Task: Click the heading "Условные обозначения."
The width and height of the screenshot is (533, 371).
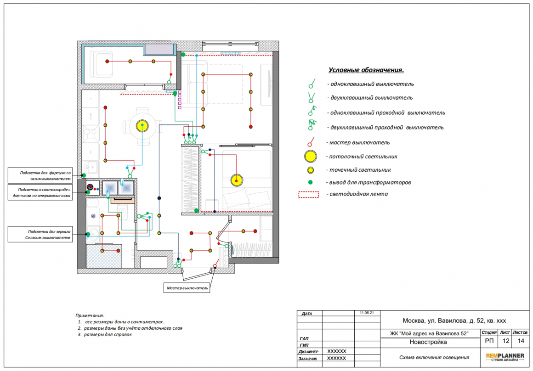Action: tap(366, 70)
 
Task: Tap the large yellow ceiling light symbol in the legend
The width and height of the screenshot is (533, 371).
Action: tap(310, 157)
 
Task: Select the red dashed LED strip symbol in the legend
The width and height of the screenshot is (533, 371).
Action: tap(309, 194)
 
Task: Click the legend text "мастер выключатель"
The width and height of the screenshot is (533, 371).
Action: tap(359, 143)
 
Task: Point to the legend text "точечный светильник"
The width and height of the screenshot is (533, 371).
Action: tap(360, 170)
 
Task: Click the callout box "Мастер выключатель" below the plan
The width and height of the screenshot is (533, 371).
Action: tap(187, 288)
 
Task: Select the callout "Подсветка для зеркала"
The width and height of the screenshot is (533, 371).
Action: tap(40, 235)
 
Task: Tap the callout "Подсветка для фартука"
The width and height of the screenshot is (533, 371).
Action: tap(40, 175)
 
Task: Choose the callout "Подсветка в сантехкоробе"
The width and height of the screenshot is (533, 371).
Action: tap(40, 192)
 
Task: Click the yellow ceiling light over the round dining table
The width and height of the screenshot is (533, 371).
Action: tap(142, 126)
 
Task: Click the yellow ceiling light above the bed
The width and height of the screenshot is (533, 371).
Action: tap(237, 180)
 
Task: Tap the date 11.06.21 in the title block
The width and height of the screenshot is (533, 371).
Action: tap(367, 313)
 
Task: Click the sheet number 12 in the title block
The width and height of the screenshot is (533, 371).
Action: tap(506, 341)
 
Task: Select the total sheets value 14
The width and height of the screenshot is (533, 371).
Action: tap(521, 341)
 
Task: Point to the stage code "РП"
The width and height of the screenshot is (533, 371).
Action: tap(489, 341)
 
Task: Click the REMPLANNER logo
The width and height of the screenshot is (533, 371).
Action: tap(505, 357)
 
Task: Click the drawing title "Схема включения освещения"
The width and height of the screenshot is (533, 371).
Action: tap(434, 357)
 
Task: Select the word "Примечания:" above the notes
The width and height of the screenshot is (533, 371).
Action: tap(90, 315)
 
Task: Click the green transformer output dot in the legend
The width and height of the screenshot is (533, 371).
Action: tap(310, 182)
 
